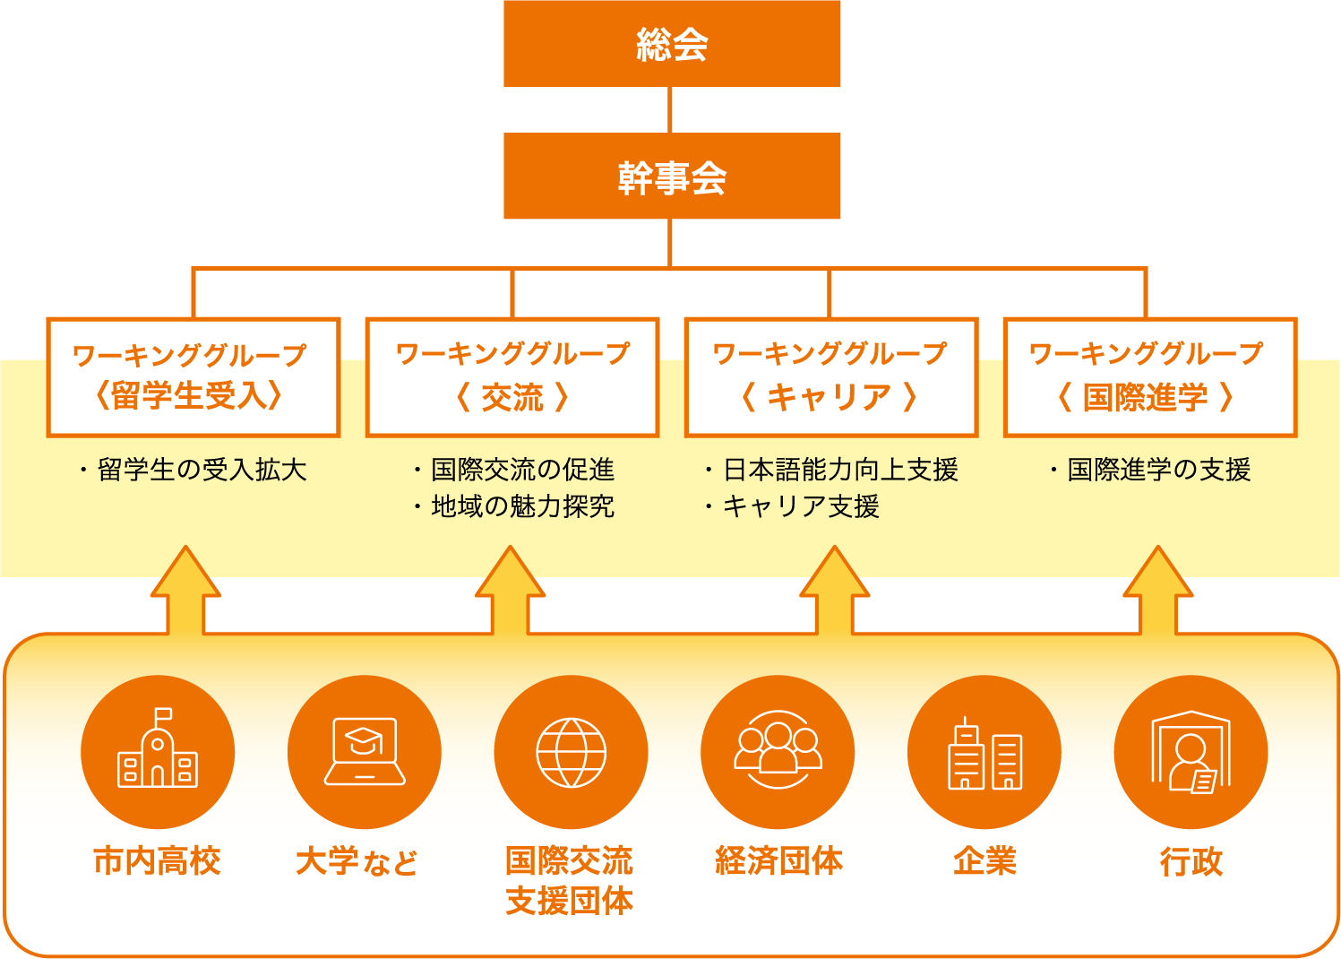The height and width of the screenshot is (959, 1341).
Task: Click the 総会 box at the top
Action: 672,44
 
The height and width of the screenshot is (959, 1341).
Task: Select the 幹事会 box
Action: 672,177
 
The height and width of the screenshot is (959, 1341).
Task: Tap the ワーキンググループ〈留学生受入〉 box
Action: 193,377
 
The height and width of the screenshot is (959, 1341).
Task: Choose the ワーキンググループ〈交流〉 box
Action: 512,377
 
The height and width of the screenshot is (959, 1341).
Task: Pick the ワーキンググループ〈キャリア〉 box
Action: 830,377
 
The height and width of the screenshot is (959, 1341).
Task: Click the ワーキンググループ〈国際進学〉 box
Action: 1149,377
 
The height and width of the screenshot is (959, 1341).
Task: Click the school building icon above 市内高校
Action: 158,751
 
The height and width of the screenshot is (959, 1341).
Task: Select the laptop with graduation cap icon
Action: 365,751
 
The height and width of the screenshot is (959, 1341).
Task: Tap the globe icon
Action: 571,751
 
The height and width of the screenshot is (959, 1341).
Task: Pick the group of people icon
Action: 778,751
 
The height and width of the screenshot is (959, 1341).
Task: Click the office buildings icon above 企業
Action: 984,751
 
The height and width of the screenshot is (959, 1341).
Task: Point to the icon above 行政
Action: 1191,751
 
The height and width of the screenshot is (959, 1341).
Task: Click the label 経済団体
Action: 778,861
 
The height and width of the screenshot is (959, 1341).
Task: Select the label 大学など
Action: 357,862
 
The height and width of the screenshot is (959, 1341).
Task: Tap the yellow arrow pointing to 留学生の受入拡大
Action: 185,592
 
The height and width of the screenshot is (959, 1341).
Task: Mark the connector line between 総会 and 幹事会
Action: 670,109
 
